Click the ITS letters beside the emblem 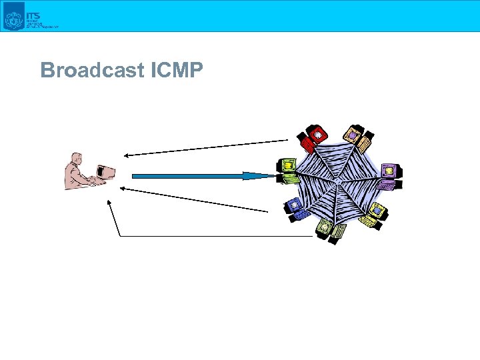pyautogui.click(x=31, y=13)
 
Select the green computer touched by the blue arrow pyautogui.click(x=288, y=169)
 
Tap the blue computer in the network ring pyautogui.click(x=294, y=208)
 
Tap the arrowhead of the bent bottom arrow pyautogui.click(x=110, y=202)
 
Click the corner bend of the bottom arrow pyautogui.click(x=120, y=236)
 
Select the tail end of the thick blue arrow pyautogui.click(x=133, y=176)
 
